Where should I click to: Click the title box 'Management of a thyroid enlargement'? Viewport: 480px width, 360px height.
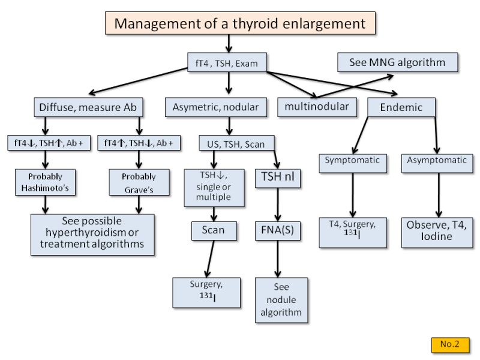tap(239, 23)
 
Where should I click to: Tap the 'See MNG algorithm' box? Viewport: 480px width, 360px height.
tap(397, 62)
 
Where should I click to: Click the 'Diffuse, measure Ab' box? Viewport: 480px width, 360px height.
tap(88, 107)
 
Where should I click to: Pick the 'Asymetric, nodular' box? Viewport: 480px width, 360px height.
tap(215, 107)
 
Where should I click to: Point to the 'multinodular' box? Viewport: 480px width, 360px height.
tap(317, 107)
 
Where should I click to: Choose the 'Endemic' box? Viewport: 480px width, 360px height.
tap(401, 107)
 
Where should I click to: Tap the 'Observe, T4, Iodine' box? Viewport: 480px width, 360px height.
tap(437, 231)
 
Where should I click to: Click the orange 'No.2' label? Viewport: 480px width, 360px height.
tap(449, 344)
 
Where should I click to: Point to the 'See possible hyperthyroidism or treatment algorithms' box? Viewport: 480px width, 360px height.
tap(91, 235)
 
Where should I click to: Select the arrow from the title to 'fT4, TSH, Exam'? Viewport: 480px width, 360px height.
tap(229, 43)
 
